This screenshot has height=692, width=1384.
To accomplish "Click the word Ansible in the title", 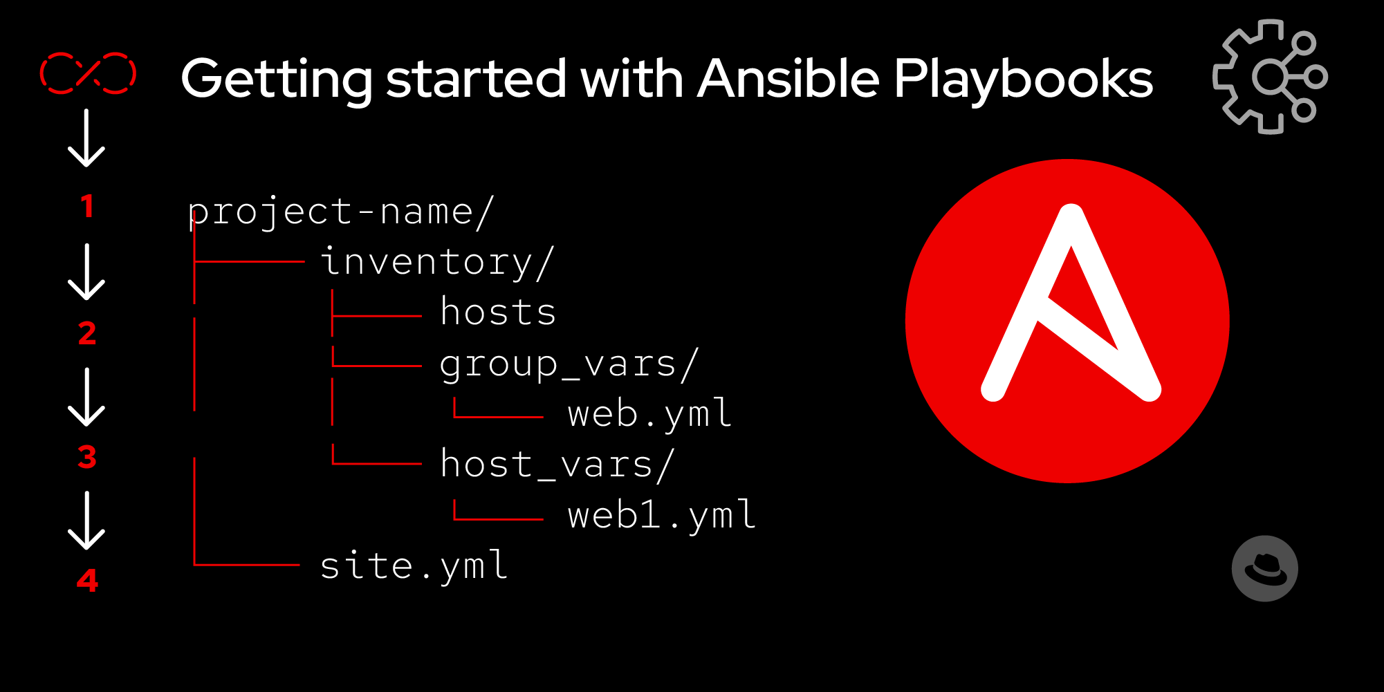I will click(788, 78).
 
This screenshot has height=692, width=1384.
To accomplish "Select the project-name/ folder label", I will click(340, 211).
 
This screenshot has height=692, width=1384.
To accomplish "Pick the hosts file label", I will click(498, 312).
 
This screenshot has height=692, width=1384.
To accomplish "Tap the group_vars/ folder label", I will click(569, 364).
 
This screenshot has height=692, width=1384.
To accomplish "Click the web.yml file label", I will click(649, 414).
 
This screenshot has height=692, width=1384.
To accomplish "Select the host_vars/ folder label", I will click(557, 464).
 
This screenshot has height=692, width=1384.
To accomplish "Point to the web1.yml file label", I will click(662, 515).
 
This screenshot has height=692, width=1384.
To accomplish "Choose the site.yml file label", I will click(414, 565).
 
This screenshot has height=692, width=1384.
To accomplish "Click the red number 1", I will click(87, 207).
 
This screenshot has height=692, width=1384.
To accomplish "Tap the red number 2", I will click(87, 334).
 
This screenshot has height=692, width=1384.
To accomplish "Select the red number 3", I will click(87, 457).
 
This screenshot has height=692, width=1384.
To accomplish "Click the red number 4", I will click(87, 581).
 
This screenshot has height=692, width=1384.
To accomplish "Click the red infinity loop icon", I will click(88, 73).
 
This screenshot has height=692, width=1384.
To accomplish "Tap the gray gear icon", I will click(1269, 76).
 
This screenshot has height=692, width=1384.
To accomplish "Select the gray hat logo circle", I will click(1264, 568).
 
